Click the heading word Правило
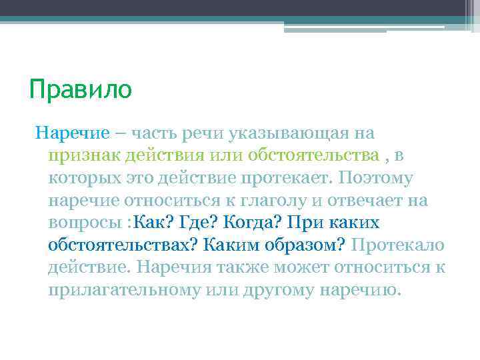pyautogui.click(x=81, y=89)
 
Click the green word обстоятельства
pyautogui.click(x=313, y=156)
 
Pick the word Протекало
pyautogui.click(x=397, y=245)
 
